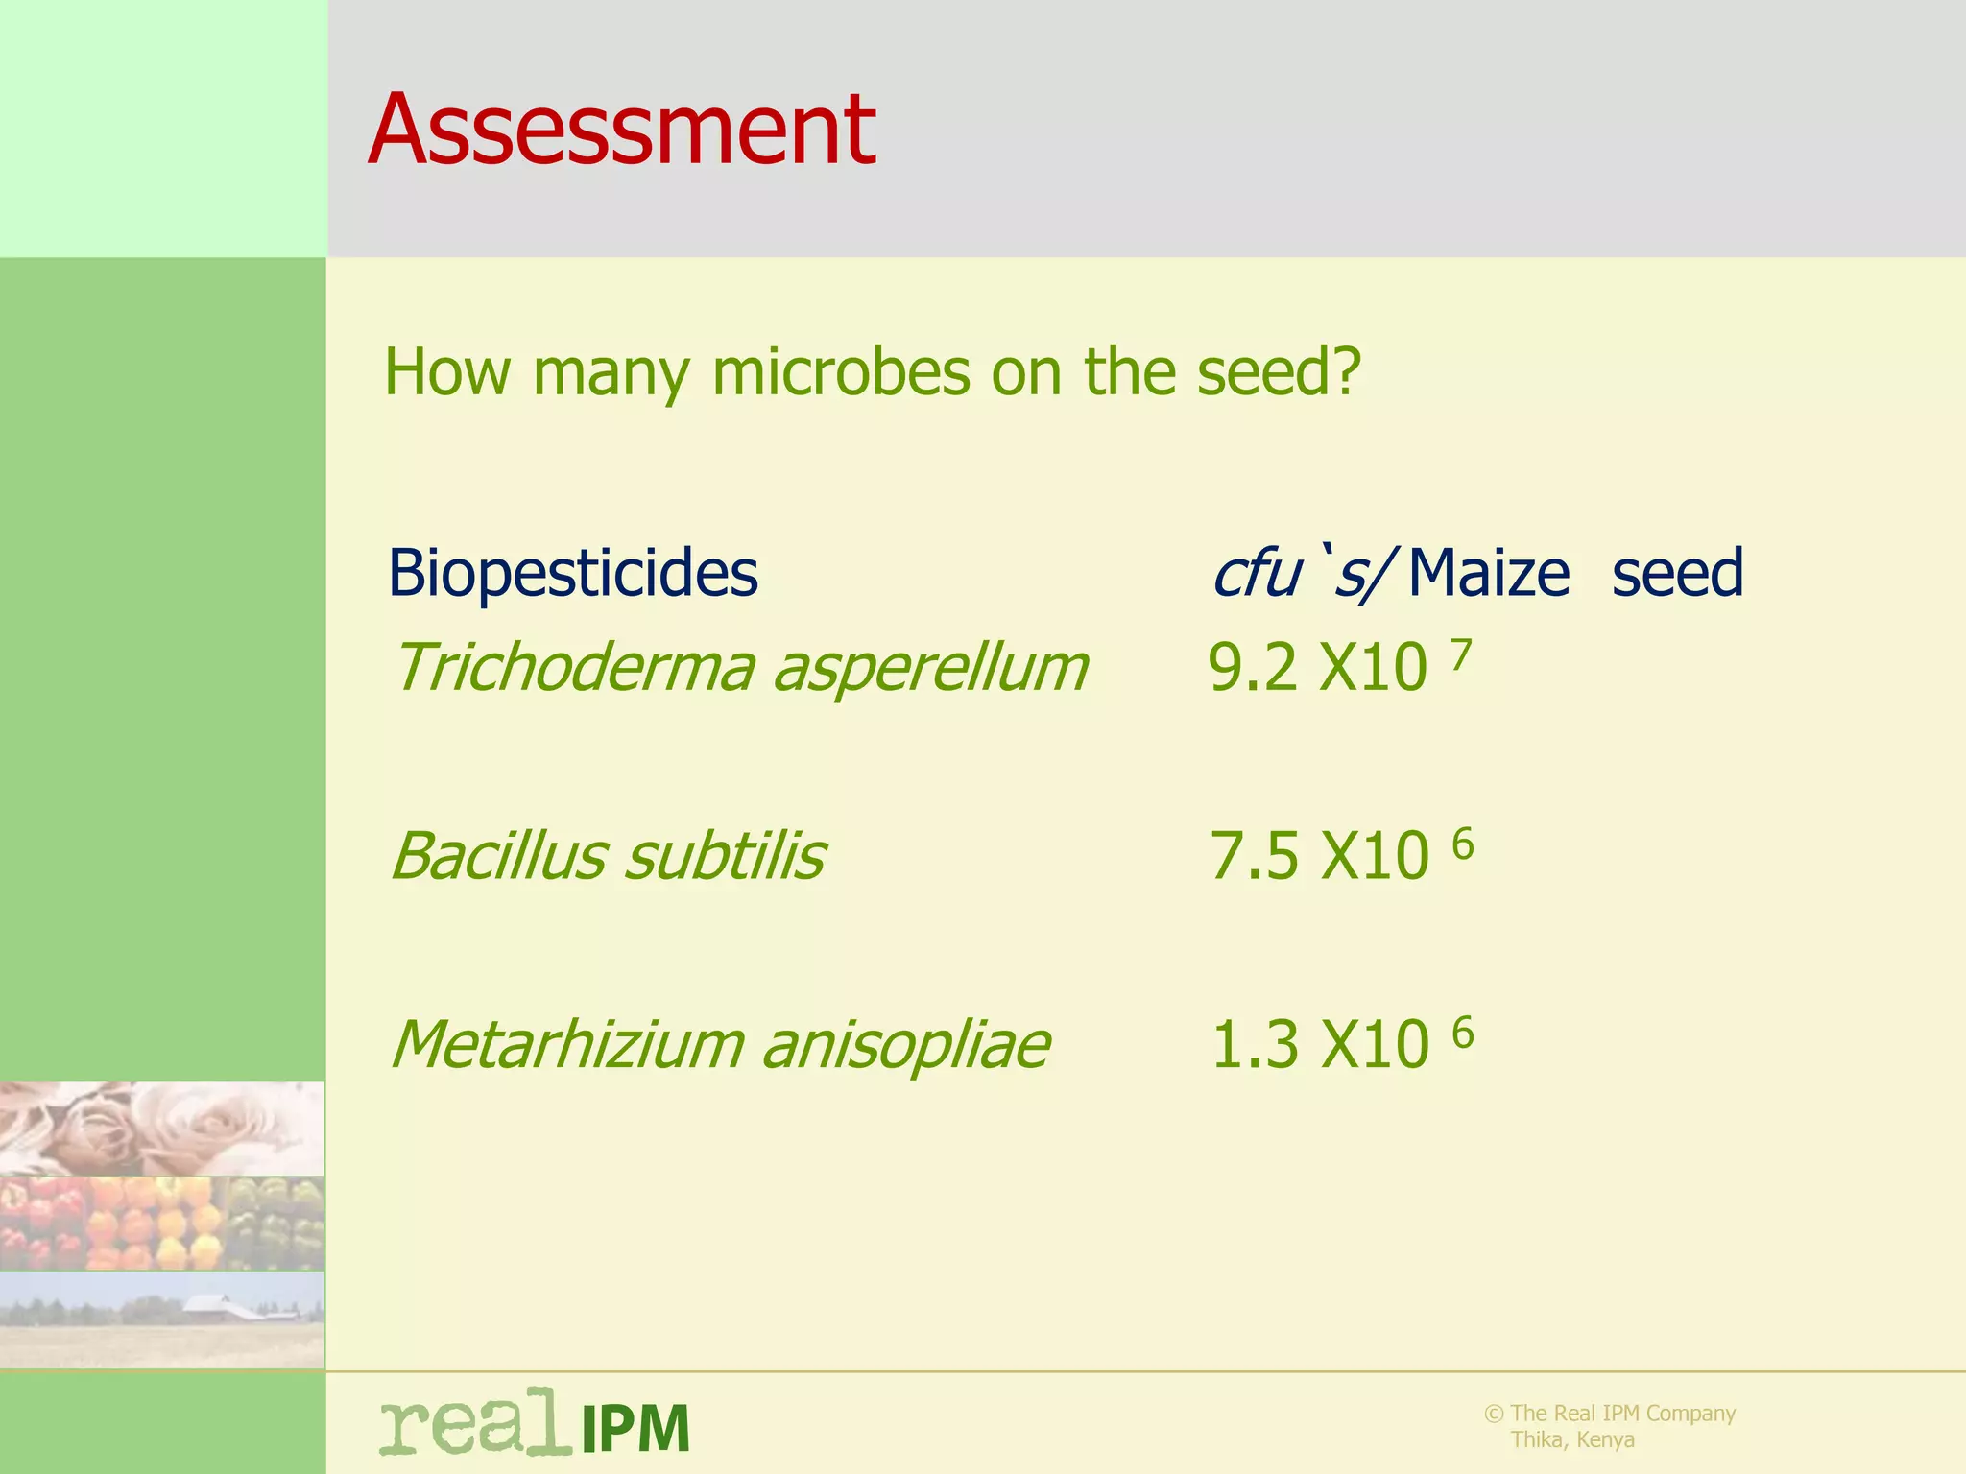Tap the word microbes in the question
[x=840, y=372]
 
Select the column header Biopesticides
[x=572, y=574]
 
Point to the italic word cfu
[x=1256, y=574]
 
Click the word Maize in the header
[x=1489, y=574]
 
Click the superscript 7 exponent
[x=1460, y=656]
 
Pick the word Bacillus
[x=497, y=856]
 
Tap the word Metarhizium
[x=567, y=1044]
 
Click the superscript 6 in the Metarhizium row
[x=1462, y=1034]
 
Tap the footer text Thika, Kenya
[x=1572, y=1439]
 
